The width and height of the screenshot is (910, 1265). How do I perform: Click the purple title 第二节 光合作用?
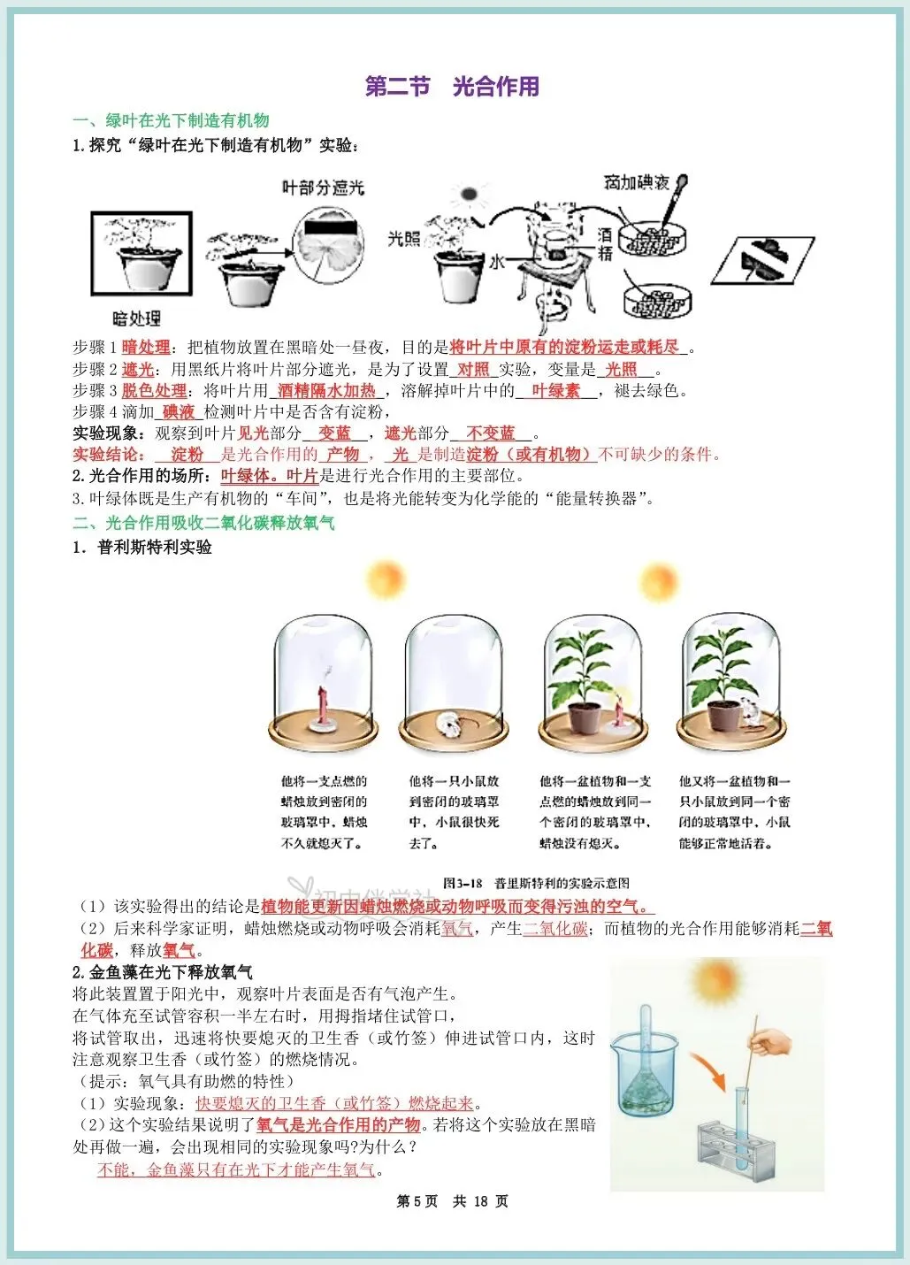[x=452, y=87]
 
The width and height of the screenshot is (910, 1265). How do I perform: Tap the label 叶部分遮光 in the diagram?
[x=323, y=188]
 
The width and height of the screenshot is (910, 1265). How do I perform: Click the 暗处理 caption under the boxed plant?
[x=136, y=318]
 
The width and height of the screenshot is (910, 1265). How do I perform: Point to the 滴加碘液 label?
[x=636, y=182]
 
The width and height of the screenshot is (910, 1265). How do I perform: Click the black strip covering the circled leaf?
[x=331, y=227]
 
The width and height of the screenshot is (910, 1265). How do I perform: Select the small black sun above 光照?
[x=469, y=195]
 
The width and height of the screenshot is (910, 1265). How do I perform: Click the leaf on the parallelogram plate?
[x=762, y=259]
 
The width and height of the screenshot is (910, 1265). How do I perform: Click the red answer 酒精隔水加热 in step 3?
[x=326, y=390]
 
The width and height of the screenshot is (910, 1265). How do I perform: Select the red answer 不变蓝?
[x=490, y=433]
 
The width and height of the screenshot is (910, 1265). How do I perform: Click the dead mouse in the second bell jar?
[x=455, y=724]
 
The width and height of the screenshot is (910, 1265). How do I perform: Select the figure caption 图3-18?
[x=463, y=883]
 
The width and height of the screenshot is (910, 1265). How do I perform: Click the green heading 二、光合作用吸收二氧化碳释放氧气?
[x=203, y=523]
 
